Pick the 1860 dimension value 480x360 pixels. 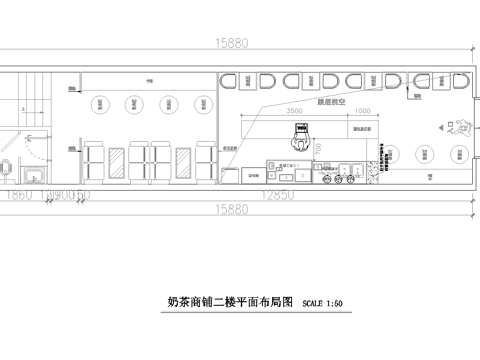(x=19, y=193)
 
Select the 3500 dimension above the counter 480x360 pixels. (x=294, y=110)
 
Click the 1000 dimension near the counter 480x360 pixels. (x=361, y=110)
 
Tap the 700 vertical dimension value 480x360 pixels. (x=318, y=148)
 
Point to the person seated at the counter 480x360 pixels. (x=298, y=133)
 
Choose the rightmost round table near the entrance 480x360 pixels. (x=458, y=153)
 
